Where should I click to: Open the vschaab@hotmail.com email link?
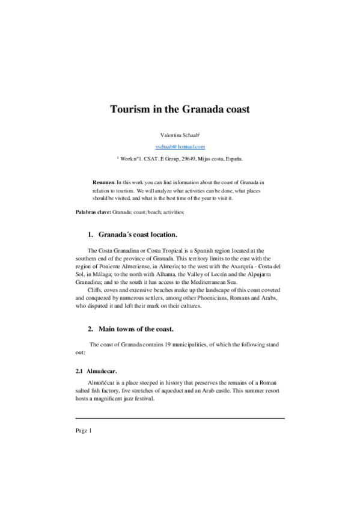(180, 147)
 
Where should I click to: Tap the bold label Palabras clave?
(93, 212)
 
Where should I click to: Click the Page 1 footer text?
(83, 431)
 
